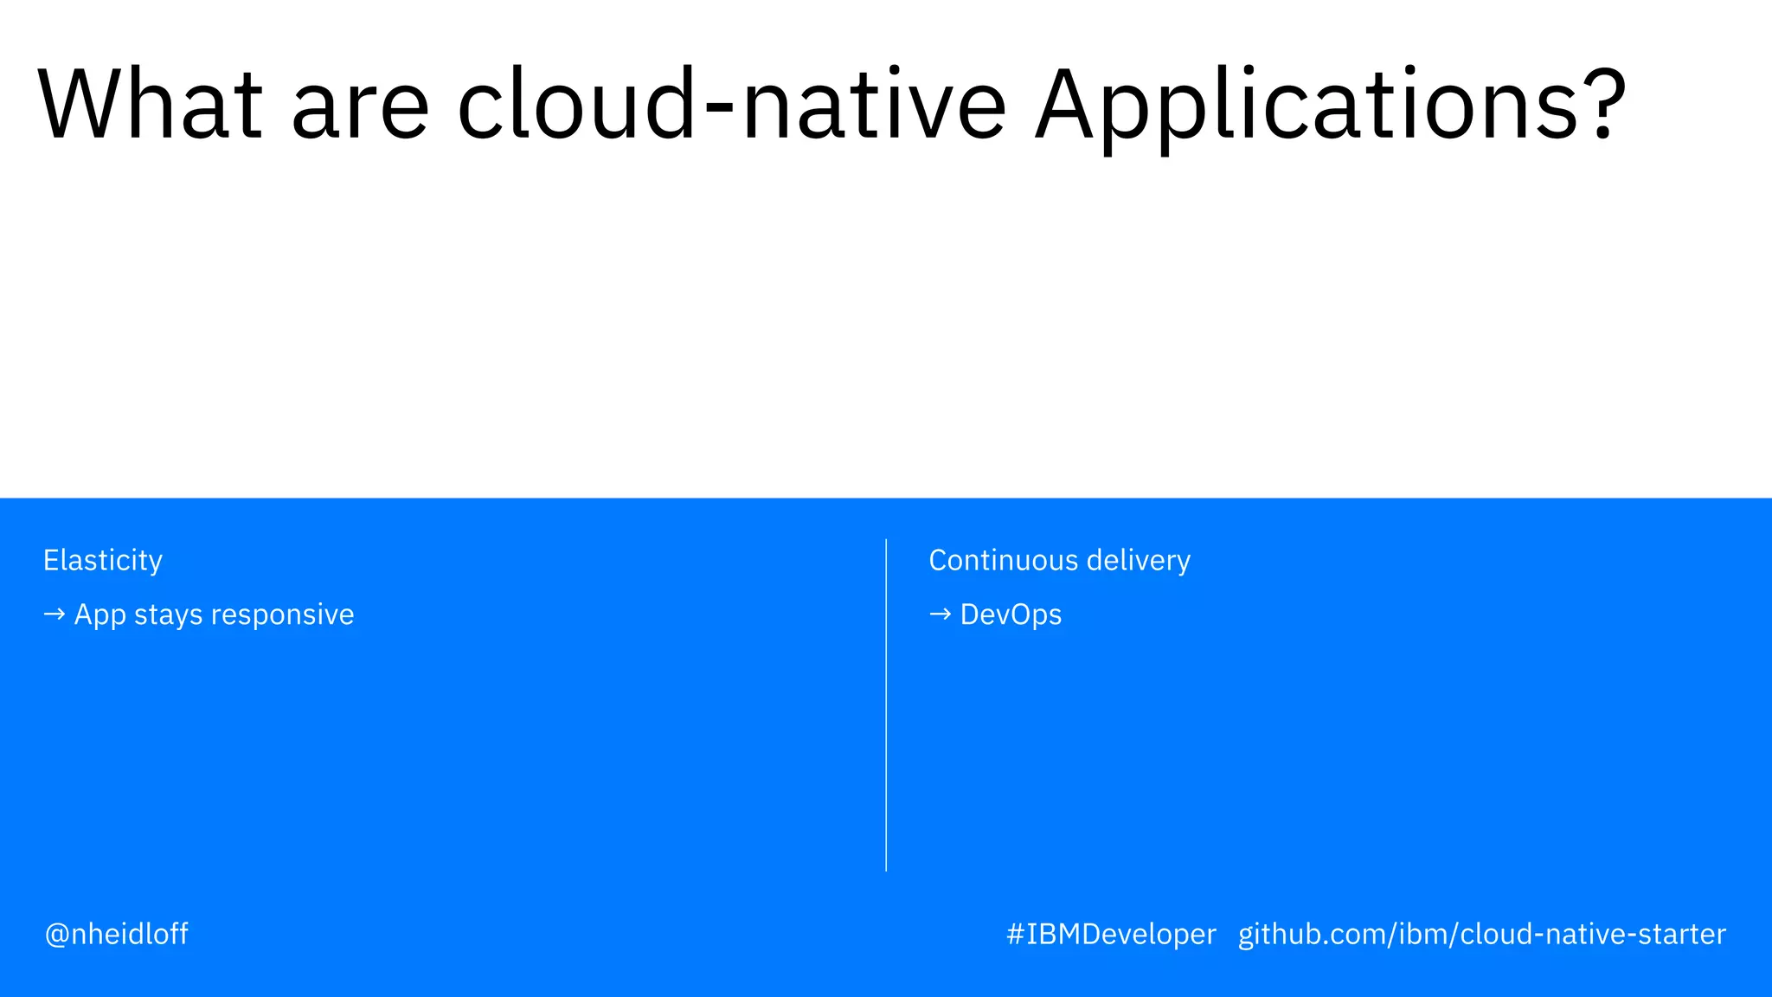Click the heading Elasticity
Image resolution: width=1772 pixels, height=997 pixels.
click(103, 561)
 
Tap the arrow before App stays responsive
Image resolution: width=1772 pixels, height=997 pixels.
click(54, 614)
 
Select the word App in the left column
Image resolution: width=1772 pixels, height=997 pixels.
click(100, 615)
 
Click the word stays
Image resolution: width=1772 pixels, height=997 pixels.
click(169, 615)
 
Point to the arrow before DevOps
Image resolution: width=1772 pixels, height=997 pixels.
click(940, 614)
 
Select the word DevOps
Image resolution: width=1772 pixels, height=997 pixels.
click(1011, 614)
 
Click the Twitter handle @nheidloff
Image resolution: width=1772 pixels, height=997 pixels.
click(117, 934)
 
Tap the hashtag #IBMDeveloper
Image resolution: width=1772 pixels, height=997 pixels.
click(1111, 934)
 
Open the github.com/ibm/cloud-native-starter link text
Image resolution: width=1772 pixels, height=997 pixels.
click(1481, 934)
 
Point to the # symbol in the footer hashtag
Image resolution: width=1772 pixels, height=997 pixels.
click(1015, 934)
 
